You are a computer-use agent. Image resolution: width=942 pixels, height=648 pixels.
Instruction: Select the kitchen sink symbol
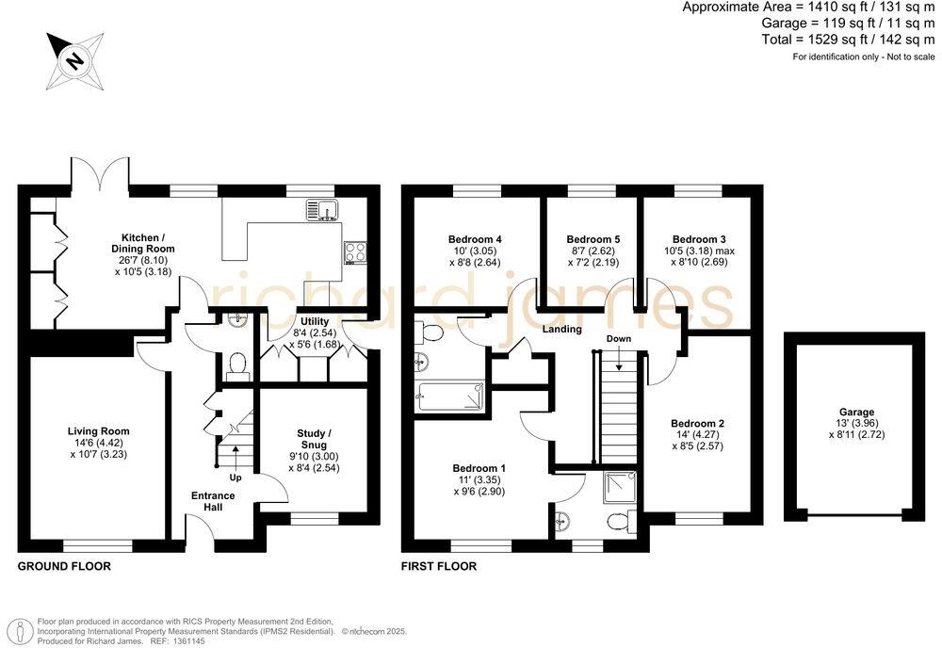pyautogui.click(x=327, y=209)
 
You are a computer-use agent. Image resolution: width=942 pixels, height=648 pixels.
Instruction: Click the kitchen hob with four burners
pyautogui.click(x=356, y=251)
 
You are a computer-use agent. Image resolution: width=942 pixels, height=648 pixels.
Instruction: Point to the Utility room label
pyautogui.click(x=314, y=322)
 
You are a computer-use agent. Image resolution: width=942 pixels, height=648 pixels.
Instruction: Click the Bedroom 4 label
pyautogui.click(x=475, y=239)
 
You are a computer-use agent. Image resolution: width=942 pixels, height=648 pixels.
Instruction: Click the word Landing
pyautogui.click(x=561, y=330)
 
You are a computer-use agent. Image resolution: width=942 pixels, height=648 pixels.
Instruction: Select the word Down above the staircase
pyautogui.click(x=618, y=338)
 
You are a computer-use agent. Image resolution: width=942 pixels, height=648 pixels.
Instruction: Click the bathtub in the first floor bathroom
pyautogui.click(x=450, y=397)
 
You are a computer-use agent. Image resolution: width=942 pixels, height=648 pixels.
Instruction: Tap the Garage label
pyautogui.click(x=856, y=412)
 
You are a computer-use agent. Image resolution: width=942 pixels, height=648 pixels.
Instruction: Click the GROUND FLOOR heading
pyautogui.click(x=64, y=567)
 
